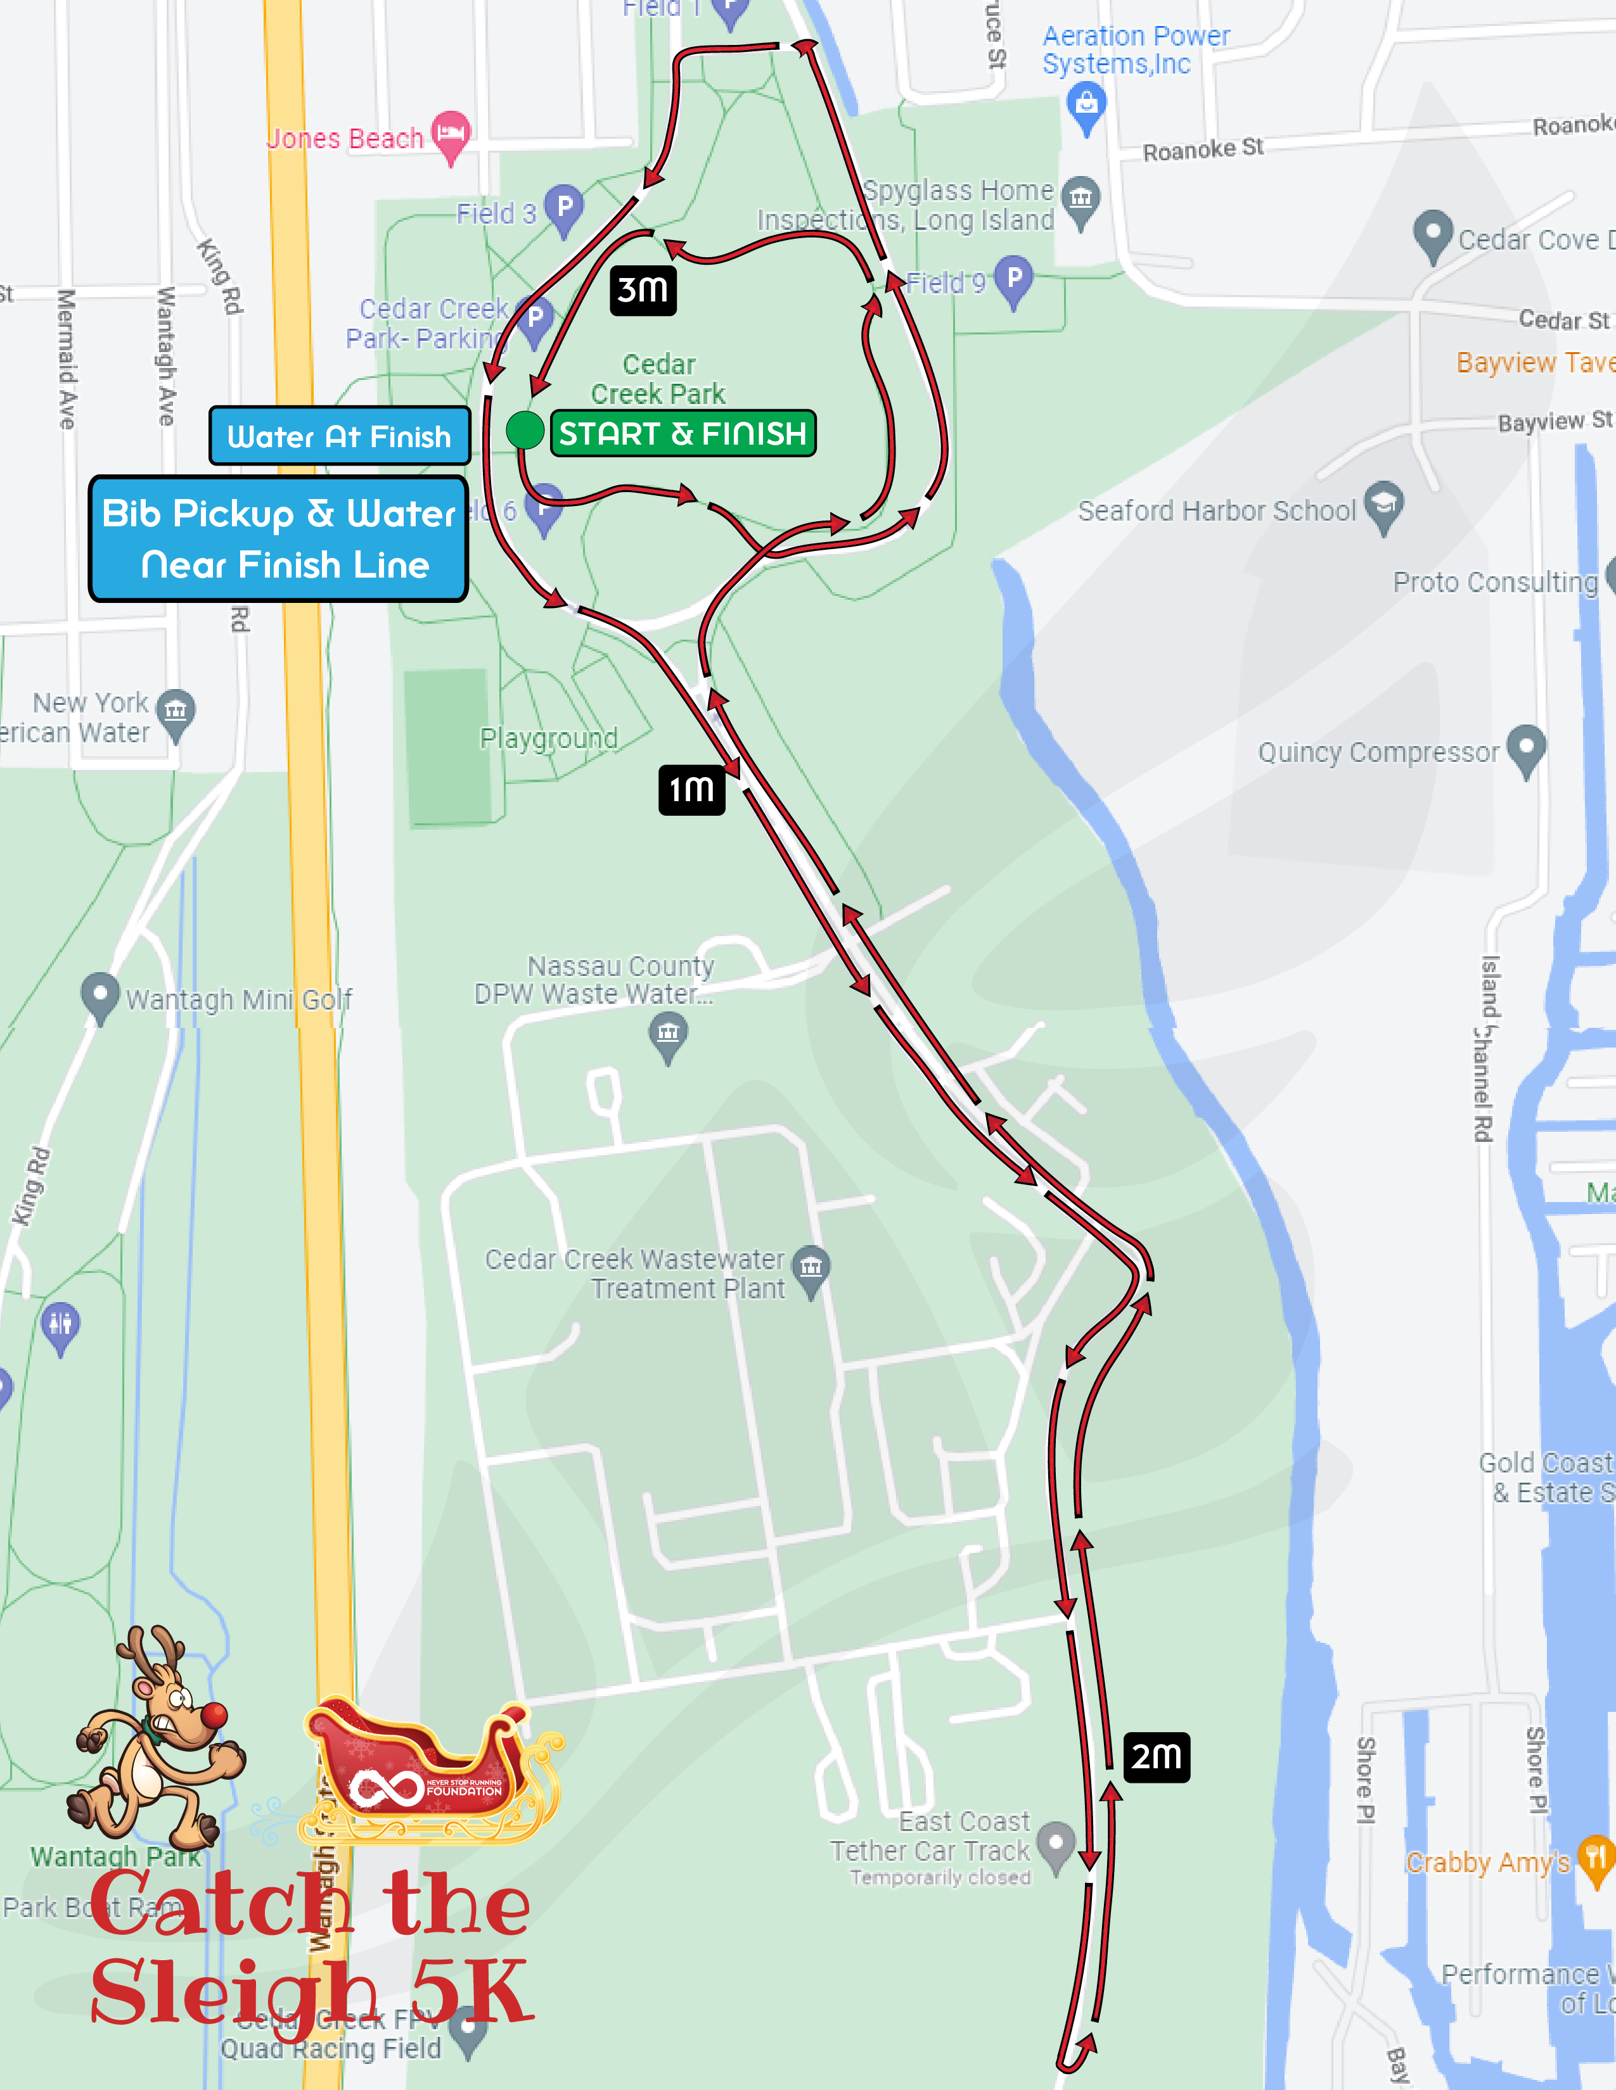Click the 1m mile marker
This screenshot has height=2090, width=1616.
click(x=691, y=790)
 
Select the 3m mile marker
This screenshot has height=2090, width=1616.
click(x=643, y=289)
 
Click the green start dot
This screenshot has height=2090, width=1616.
click(x=525, y=429)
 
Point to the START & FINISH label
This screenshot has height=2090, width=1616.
click(x=683, y=433)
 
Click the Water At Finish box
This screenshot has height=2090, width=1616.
click(x=339, y=436)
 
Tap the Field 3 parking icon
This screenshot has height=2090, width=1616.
click(x=564, y=208)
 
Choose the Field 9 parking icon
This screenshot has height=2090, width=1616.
click(x=1014, y=279)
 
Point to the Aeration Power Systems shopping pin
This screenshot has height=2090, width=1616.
click(x=1087, y=103)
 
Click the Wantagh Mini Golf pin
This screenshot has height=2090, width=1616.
click(x=99, y=994)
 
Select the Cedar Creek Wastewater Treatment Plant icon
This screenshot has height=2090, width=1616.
click(x=811, y=1268)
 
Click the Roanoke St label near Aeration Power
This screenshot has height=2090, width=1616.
click(x=1203, y=149)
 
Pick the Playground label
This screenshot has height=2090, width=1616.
click(x=549, y=738)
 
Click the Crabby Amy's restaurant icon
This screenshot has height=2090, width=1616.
click(x=1595, y=1858)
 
